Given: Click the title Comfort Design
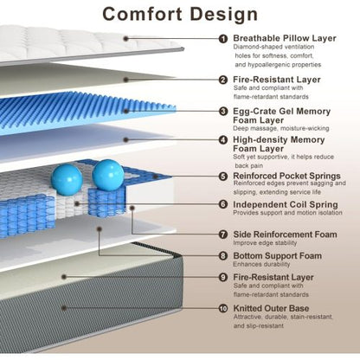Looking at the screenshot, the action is click(180, 14).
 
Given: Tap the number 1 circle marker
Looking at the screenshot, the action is click(223, 39).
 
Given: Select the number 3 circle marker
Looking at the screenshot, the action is click(223, 111).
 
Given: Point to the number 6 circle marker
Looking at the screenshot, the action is click(223, 204).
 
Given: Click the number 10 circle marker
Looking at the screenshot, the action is click(223, 308).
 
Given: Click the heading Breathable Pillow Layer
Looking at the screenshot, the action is click(285, 38).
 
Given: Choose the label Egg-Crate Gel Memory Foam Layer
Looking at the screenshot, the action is click(281, 115).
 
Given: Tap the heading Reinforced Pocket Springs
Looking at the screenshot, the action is click(286, 176).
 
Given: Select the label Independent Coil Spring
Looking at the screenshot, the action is click(286, 204).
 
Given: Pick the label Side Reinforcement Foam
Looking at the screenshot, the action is click(285, 235).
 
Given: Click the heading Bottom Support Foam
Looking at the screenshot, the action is click(277, 255).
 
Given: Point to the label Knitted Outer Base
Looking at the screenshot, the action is click(271, 308).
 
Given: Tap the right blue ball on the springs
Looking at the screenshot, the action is click(108, 176).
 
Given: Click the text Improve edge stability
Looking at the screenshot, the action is click(265, 243).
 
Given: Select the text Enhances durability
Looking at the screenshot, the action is click(261, 264).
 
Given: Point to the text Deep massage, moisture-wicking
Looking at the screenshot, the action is click(281, 128).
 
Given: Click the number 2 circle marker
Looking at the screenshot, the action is click(223, 80).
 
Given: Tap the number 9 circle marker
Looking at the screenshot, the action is click(223, 277).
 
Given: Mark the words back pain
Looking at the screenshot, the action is click(248, 165).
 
